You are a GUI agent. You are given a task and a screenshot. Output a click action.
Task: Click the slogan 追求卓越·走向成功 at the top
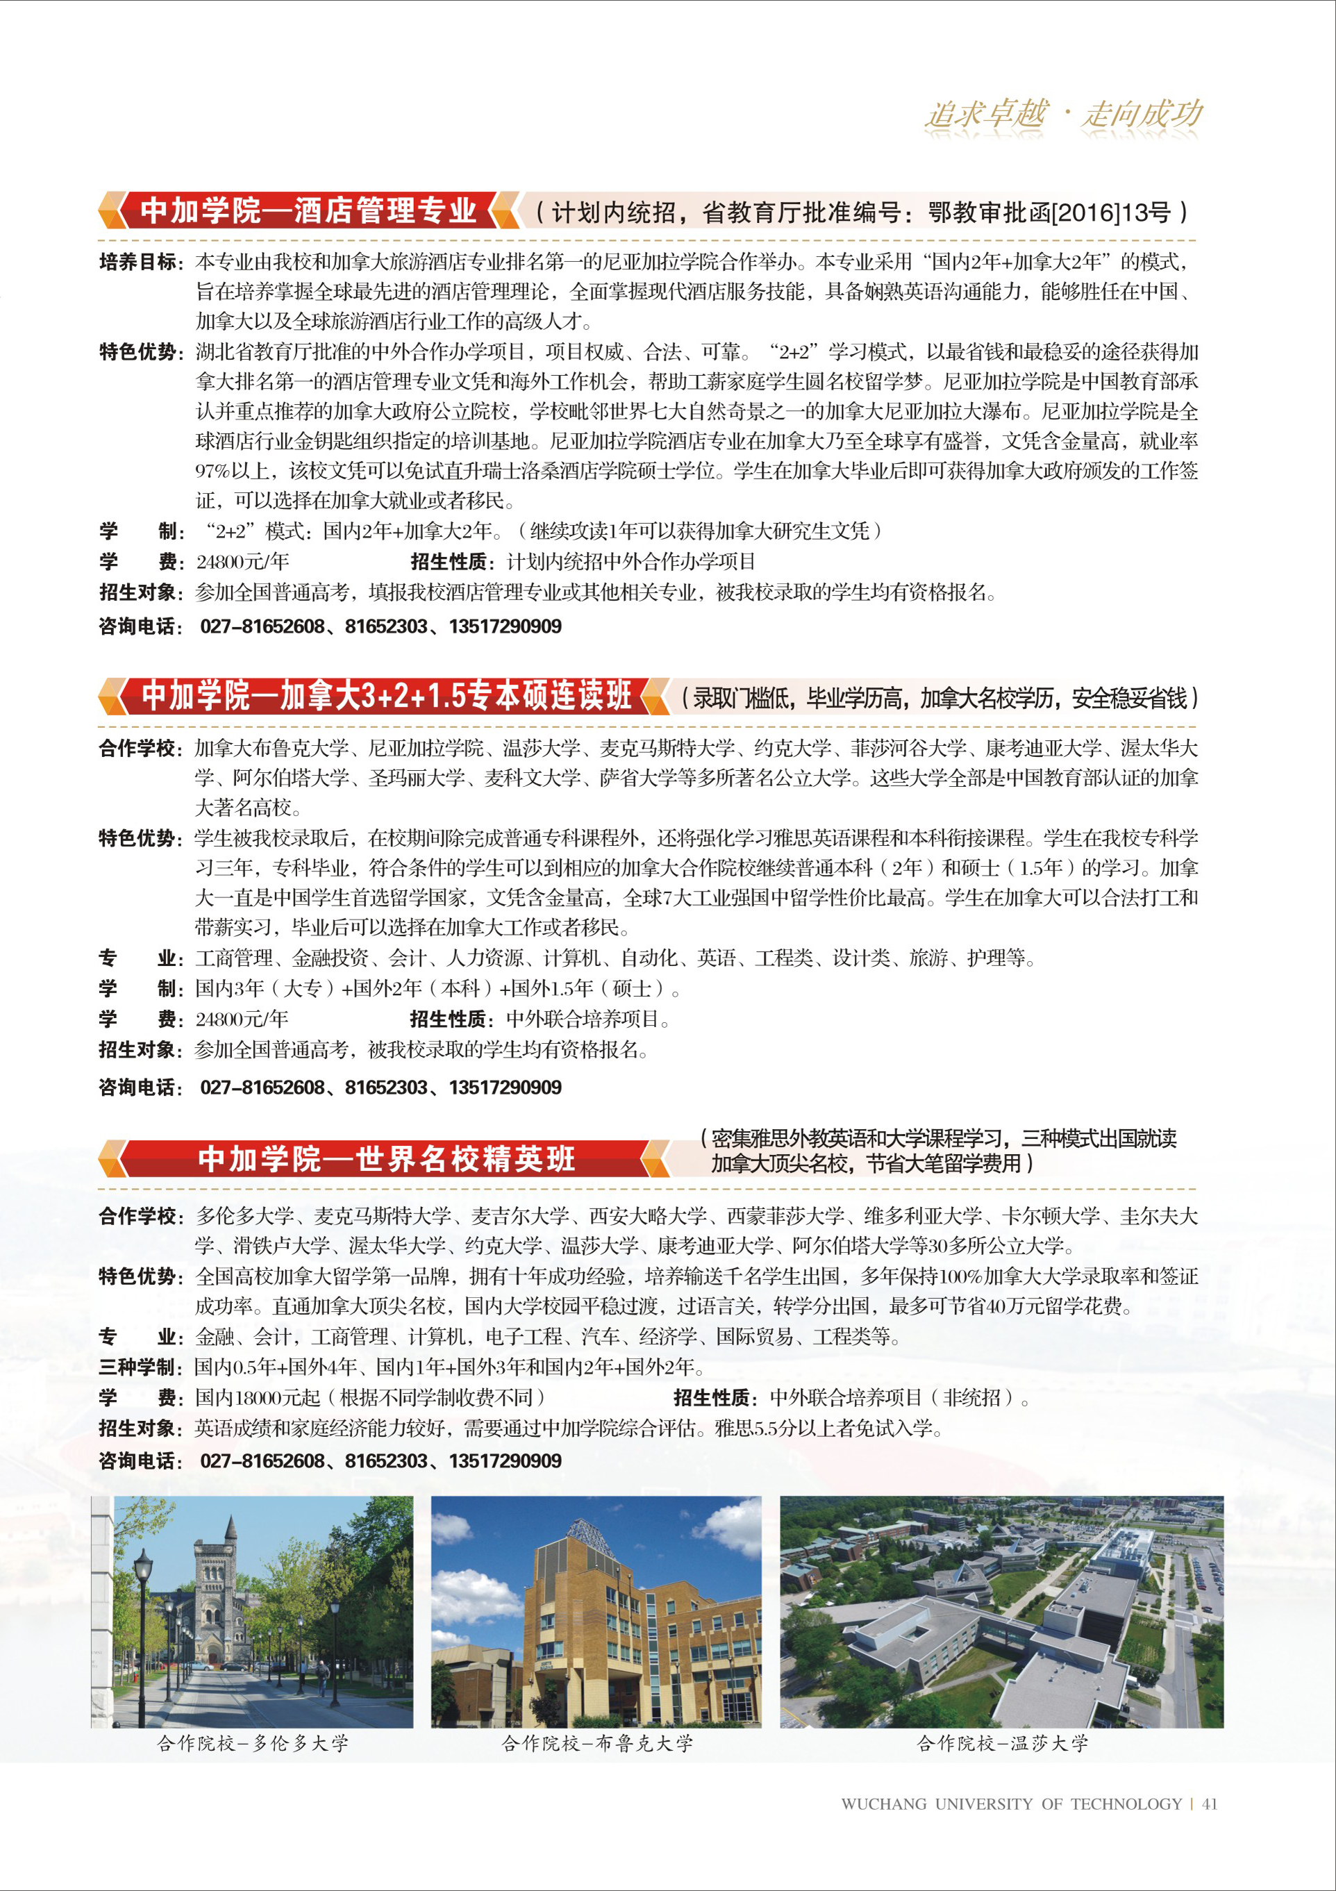[1063, 115]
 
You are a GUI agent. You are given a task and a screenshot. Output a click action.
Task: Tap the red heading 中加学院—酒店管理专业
[308, 211]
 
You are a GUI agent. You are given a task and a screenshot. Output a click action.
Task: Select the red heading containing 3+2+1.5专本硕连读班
[387, 696]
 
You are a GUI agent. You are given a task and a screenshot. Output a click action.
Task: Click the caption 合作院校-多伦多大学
[252, 1743]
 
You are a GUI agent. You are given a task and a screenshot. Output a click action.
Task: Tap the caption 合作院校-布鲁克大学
[597, 1743]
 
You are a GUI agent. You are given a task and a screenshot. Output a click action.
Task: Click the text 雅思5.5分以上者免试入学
[828, 1427]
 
